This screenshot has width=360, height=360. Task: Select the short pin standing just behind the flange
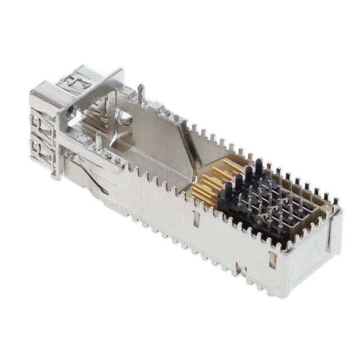(x=98, y=139)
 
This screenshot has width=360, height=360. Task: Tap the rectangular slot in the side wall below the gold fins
(x=197, y=220)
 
